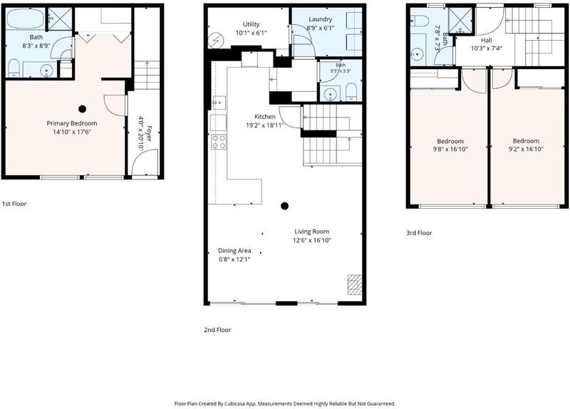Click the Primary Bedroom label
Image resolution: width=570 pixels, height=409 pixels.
tap(72, 123)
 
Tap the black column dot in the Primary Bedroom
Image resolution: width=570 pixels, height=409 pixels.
tap(83, 109)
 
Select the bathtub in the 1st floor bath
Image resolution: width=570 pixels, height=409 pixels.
tap(26, 19)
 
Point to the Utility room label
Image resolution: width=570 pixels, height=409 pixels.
tap(252, 24)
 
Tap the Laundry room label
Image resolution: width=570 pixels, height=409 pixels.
tap(320, 19)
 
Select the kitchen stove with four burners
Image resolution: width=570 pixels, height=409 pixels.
tap(219, 141)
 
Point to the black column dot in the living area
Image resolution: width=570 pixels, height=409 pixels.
tap(284, 206)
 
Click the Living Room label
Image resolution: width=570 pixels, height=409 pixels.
tap(312, 232)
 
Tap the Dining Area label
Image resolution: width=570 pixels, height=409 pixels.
tap(234, 251)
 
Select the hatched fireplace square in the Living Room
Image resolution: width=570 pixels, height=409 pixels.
tap(355, 284)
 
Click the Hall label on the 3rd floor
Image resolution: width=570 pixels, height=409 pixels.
tap(487, 41)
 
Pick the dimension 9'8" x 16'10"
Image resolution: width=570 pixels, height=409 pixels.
tap(450, 149)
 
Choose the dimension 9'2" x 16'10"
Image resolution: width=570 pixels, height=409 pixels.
tap(526, 149)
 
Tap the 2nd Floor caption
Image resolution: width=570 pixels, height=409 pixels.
tap(217, 330)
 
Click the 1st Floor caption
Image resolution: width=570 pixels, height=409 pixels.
tap(14, 204)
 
